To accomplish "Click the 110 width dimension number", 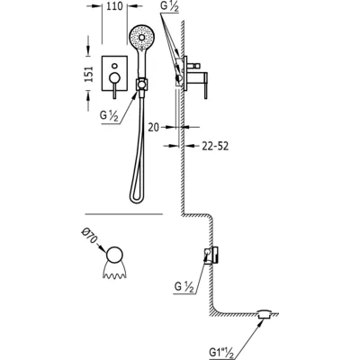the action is (114, 6).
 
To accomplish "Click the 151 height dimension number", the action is (89, 74).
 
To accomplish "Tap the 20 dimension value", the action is (154, 128).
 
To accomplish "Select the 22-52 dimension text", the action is (215, 146).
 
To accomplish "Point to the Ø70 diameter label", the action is (90, 236).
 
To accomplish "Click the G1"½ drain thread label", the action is (220, 351).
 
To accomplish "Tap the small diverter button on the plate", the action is (114, 66).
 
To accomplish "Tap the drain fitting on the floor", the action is (265, 314).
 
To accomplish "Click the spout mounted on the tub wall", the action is (211, 256).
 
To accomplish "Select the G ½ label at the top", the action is (169, 7).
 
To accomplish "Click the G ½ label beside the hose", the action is (110, 115).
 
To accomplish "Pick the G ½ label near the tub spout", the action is (184, 287).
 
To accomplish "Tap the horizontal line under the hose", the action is (124, 214).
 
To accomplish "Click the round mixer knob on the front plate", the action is (114, 77).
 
